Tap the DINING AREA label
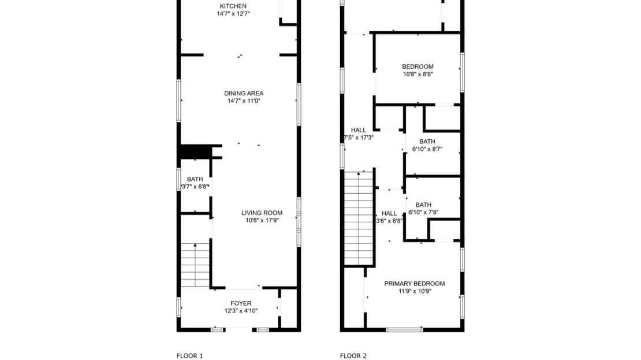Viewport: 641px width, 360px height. coord(244,93)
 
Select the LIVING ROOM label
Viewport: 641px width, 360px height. coord(262,213)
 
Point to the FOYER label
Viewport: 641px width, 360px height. coord(241,303)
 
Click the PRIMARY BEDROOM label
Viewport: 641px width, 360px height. coord(414,284)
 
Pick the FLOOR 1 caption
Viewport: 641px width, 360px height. coord(189,356)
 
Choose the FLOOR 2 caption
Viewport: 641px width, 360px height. coord(353,356)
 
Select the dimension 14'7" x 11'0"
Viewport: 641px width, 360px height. coord(244,101)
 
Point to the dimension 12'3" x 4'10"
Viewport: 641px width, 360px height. coord(241,311)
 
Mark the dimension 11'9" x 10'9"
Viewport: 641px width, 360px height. coord(414,291)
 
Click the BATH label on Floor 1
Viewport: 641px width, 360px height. coord(195,179)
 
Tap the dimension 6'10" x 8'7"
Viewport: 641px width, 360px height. coord(427,149)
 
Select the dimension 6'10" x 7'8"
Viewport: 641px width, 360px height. coord(423,212)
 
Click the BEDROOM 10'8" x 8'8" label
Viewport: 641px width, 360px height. coord(418,66)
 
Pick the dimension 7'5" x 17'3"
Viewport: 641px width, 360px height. coord(359,138)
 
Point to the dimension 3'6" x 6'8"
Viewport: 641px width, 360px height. coord(389,221)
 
